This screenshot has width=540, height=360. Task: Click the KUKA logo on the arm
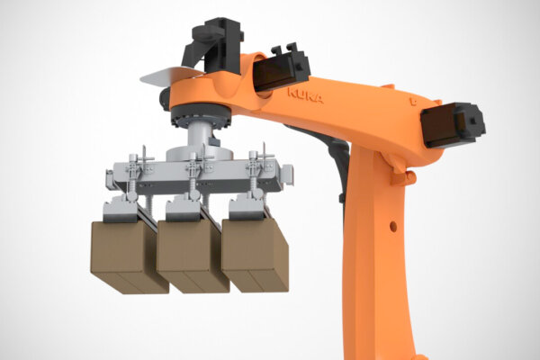[305, 95]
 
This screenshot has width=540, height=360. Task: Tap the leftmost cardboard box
[129, 257]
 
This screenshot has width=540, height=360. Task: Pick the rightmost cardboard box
[255, 256]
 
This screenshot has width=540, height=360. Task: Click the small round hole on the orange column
[393, 226]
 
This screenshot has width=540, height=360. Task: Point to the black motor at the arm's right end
[453, 125]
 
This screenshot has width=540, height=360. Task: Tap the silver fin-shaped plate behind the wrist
[169, 76]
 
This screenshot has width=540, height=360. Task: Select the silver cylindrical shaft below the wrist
[199, 135]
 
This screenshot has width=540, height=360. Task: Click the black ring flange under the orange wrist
[201, 117]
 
